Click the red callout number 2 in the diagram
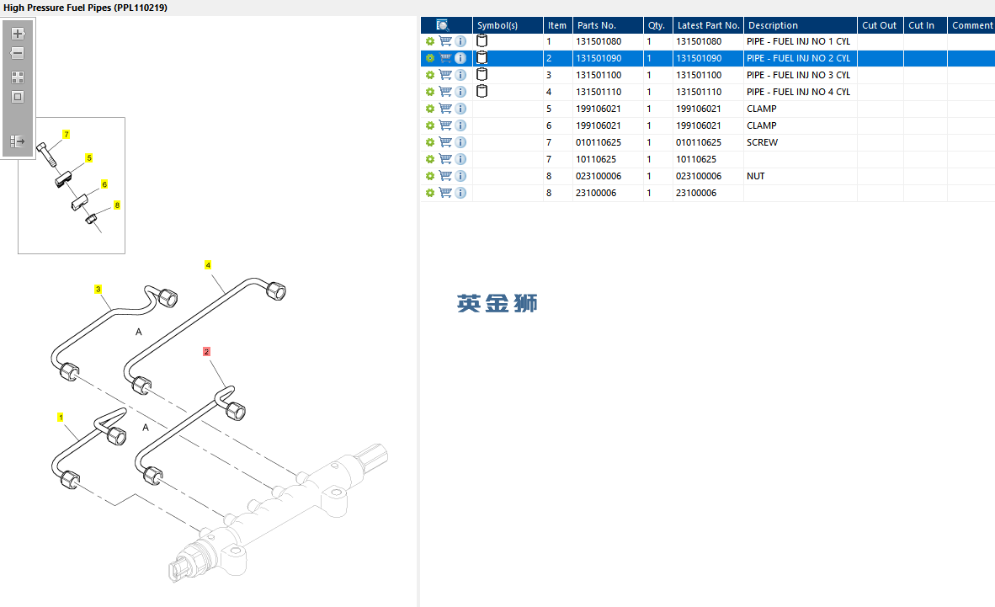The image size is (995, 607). click(206, 351)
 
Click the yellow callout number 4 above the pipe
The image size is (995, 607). click(208, 264)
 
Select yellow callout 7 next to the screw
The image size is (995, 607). click(66, 135)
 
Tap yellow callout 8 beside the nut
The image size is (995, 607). click(117, 205)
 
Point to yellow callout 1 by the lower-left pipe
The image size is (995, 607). click(61, 417)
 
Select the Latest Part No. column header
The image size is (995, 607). click(708, 25)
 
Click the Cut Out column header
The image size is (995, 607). click(879, 25)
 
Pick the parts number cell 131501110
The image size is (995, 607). click(599, 92)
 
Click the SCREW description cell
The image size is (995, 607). click(762, 142)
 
